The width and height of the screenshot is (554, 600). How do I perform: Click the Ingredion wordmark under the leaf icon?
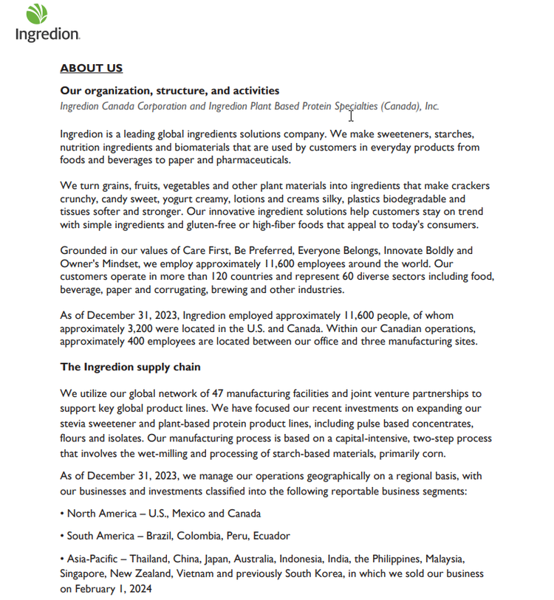[x=47, y=34]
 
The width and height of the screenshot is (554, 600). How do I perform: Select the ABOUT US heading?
[x=91, y=69]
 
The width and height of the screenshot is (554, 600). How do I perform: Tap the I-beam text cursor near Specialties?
[x=352, y=114]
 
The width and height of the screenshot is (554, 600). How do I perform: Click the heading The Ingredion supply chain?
[x=130, y=367]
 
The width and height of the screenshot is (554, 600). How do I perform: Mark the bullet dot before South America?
[x=63, y=536]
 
